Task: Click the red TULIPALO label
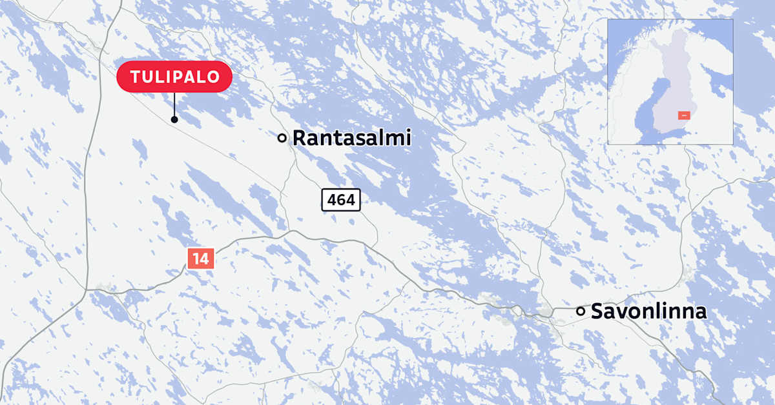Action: [x=173, y=77]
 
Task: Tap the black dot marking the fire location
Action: [x=174, y=119]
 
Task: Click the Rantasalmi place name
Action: [x=351, y=137]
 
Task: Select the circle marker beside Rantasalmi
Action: [x=282, y=137]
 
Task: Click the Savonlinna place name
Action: [x=648, y=312]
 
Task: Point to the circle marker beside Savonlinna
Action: [x=581, y=311]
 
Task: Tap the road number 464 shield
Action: [x=341, y=200]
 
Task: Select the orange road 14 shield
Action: [x=200, y=259]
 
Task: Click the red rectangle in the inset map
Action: [x=685, y=115]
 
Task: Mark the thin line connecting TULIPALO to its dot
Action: [x=174, y=104]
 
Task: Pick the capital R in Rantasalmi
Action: [x=300, y=137]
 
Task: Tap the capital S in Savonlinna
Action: [x=598, y=312]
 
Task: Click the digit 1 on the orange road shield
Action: [x=196, y=259]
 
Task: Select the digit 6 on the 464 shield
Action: [x=341, y=200]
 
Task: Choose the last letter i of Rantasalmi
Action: [x=408, y=137]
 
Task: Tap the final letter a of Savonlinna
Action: [x=701, y=313]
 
